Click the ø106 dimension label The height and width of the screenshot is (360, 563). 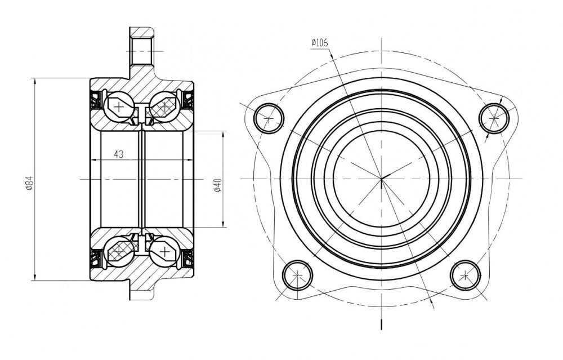coord(320,43)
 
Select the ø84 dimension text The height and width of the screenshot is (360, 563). coord(30,183)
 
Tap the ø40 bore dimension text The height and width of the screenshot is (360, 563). coord(217,185)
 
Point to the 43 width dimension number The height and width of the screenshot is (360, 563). coord(118,154)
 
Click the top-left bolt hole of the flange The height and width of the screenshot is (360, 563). coord(269,118)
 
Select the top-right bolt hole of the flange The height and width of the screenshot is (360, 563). coord(494,118)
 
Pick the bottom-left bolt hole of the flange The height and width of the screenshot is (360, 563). coord(298,275)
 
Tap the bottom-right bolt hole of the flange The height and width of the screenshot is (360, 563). coord(466,275)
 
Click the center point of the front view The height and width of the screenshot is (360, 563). coord(381,178)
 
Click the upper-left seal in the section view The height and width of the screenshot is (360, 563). coord(96,100)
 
